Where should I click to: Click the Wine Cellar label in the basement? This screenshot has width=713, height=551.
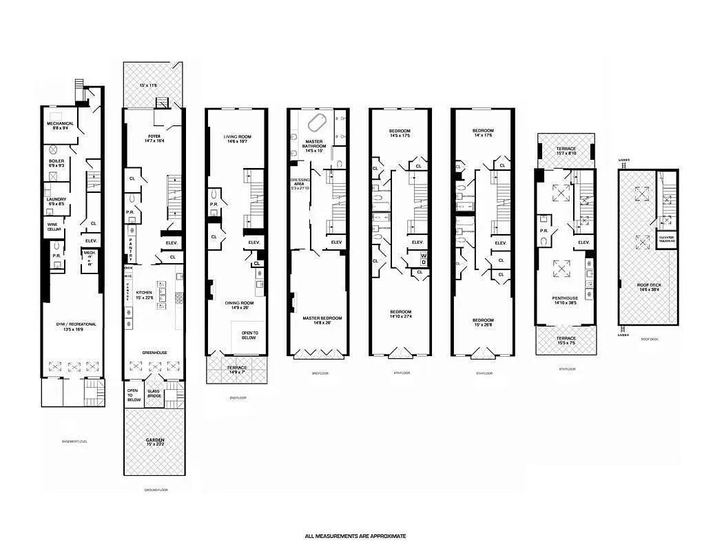point(53,226)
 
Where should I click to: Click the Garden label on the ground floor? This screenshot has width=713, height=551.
point(154,441)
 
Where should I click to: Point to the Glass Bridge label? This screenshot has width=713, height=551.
point(154,394)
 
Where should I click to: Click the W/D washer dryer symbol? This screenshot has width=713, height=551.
point(424,259)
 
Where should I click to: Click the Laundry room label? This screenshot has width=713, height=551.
point(56,201)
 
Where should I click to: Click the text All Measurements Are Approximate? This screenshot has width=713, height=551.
point(355,536)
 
